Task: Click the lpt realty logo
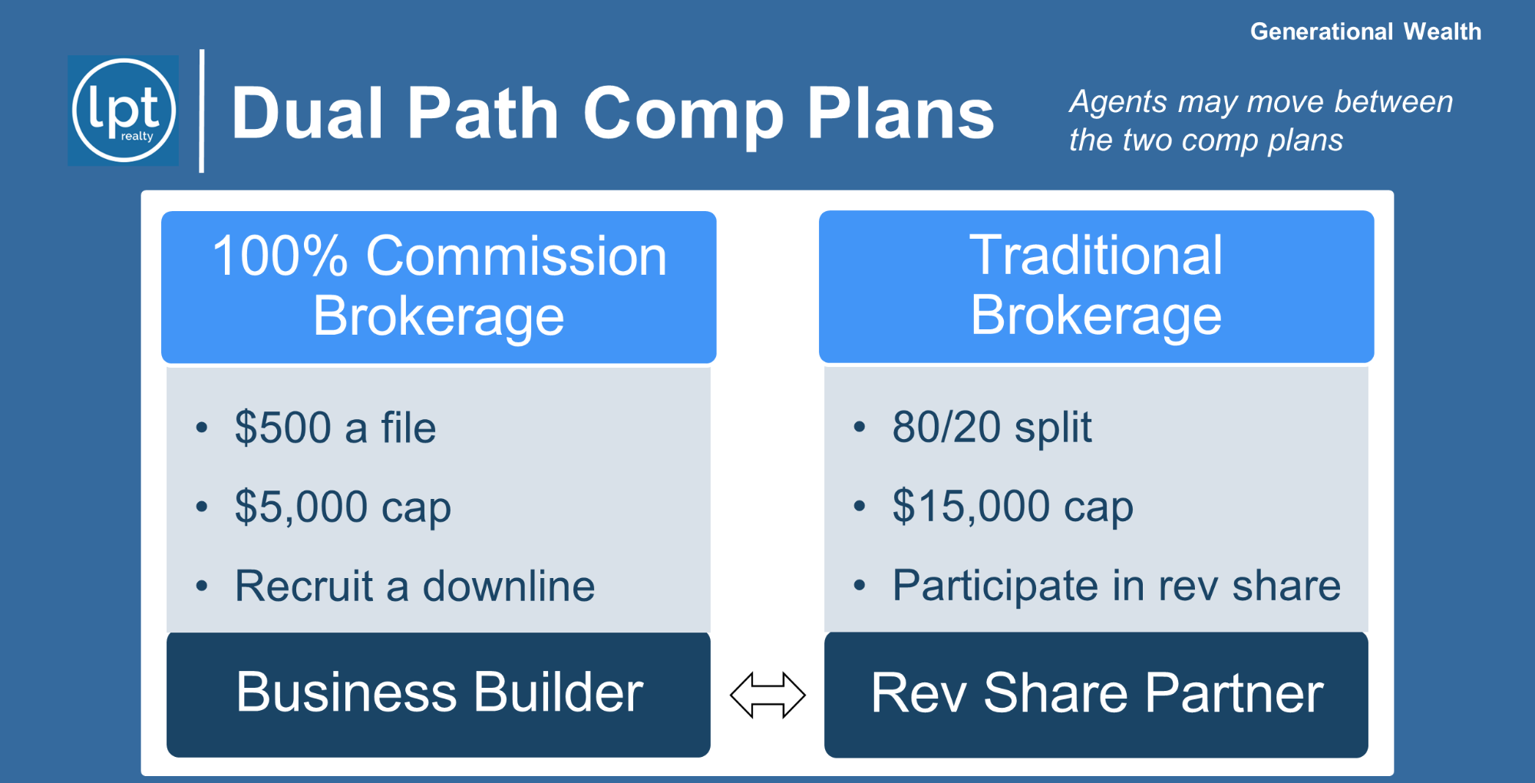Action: [x=124, y=111]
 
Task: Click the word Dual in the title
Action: [x=308, y=113]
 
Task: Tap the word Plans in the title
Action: [x=900, y=113]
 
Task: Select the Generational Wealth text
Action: [x=1365, y=31]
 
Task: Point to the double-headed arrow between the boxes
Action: [x=767, y=695]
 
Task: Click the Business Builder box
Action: [x=438, y=694]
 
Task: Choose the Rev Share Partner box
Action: [x=1096, y=694]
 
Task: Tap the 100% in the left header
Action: [x=280, y=256]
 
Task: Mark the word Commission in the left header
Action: [x=517, y=256]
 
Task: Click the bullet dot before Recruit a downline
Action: [x=202, y=586]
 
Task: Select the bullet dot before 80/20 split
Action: [x=860, y=428]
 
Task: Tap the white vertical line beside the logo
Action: [x=202, y=111]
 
